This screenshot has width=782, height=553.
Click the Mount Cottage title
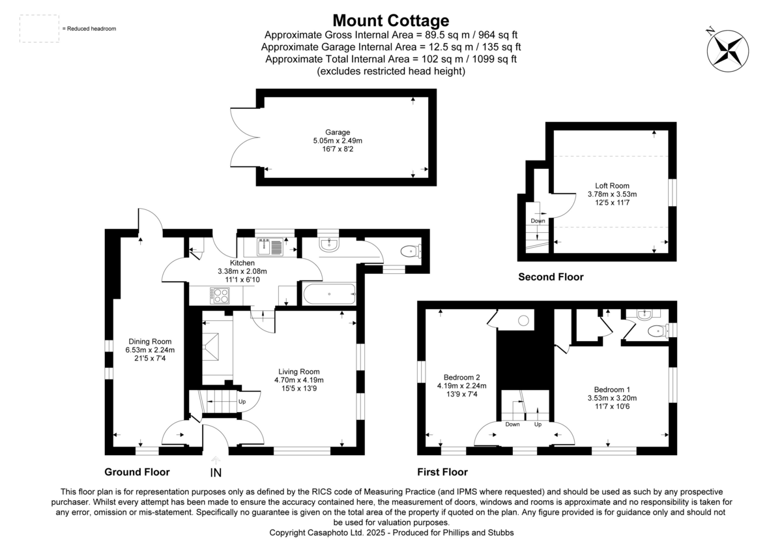[390, 20]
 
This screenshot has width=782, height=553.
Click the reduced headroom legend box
[39, 29]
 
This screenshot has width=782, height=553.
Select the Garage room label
[338, 132]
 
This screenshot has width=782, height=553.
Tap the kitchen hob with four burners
[220, 295]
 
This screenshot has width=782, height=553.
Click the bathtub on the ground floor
[329, 294]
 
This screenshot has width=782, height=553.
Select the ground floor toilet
[411, 251]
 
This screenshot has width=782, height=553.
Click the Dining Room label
[150, 341]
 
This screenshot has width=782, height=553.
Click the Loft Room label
[612, 185]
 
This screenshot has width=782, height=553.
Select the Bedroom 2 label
[461, 377]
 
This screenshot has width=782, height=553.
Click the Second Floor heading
[551, 277]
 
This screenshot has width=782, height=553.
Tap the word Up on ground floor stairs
[242, 402]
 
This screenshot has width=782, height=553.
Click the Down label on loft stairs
[538, 220]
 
